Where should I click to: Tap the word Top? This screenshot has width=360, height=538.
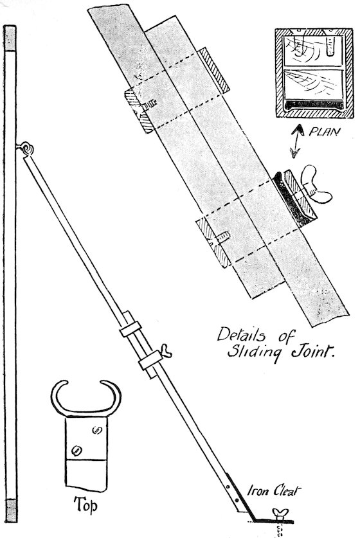tap(85, 505)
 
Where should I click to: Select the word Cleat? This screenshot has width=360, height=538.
tap(286, 490)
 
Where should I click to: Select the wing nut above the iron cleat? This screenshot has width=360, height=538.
tap(280, 513)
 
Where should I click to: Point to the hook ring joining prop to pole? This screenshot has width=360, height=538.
tap(27, 148)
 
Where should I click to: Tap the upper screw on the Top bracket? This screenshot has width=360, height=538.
tap(97, 429)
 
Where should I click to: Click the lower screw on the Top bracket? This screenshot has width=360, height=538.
tap(76, 451)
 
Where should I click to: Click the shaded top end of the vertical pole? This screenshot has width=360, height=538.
tap(10, 38)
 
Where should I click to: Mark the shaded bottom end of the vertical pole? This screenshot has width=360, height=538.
tap(11, 510)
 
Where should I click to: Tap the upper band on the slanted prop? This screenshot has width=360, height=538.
tap(130, 328)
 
